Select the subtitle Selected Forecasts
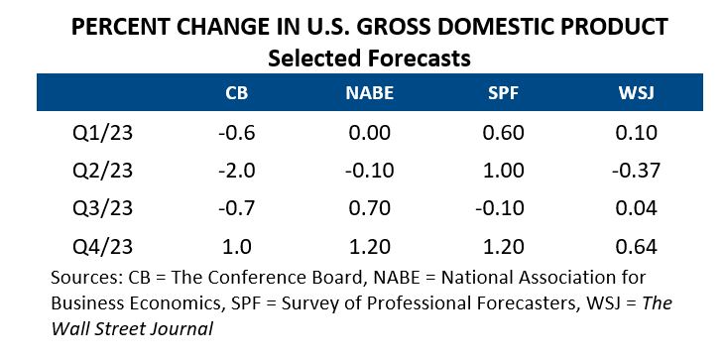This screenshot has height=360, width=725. (x=368, y=59)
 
